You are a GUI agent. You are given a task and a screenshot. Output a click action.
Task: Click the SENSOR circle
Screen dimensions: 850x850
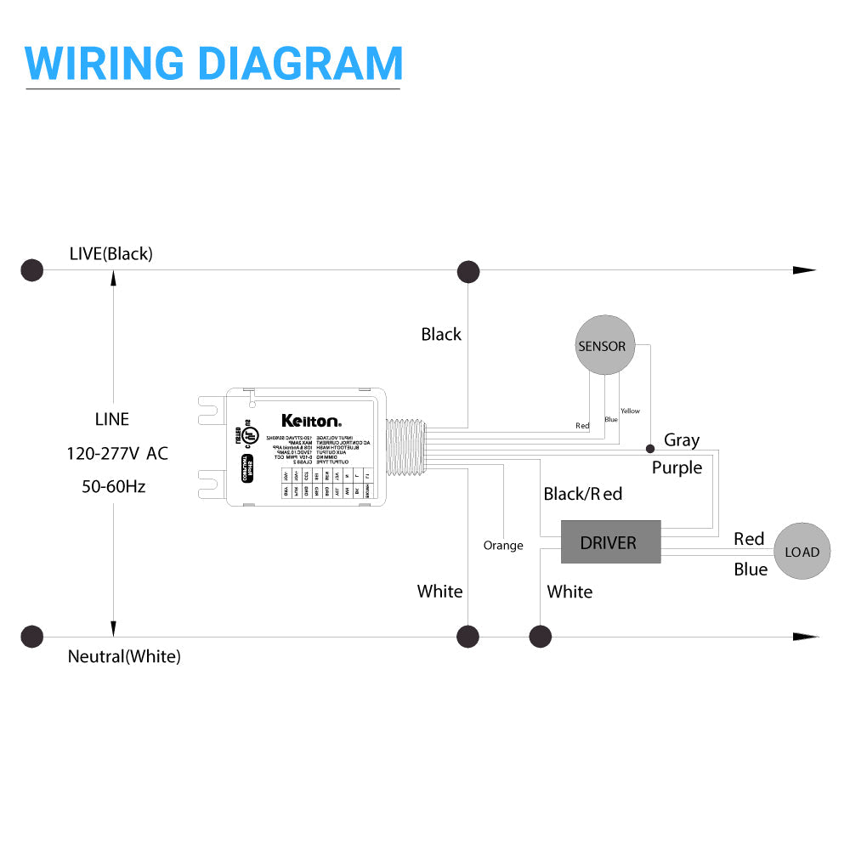(x=604, y=346)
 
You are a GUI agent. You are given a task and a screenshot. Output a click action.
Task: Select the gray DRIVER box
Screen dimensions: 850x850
(x=610, y=542)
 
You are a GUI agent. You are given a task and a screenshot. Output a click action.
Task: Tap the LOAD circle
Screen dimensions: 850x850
(x=802, y=552)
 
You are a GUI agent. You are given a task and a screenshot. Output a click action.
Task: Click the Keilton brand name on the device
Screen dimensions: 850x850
(x=311, y=420)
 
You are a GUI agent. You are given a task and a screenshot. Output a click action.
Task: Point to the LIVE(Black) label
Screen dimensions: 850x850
(x=111, y=254)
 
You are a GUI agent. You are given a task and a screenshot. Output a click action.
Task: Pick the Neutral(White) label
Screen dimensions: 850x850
(x=124, y=656)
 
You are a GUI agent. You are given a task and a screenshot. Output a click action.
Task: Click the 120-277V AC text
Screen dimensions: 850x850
(x=117, y=453)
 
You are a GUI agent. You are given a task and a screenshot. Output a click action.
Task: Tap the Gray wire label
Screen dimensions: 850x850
(x=682, y=439)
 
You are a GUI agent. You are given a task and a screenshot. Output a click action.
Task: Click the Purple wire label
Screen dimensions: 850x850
(x=677, y=467)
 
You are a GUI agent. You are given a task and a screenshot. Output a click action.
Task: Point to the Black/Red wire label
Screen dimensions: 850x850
(x=583, y=494)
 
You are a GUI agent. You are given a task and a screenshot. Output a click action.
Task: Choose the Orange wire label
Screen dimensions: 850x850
(x=503, y=545)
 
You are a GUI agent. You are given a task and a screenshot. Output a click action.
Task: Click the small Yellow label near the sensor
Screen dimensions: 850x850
(x=630, y=411)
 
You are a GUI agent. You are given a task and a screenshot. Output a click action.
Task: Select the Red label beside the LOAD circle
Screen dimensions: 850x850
(x=749, y=539)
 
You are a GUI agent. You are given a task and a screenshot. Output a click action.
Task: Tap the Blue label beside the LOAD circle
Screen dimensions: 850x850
(x=751, y=569)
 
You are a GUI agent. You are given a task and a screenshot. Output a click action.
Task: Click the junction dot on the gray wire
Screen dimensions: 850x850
(x=650, y=447)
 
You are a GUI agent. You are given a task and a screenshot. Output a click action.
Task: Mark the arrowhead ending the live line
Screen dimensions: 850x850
(x=804, y=270)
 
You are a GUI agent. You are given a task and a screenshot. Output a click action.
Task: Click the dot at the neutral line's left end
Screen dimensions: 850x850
(x=32, y=637)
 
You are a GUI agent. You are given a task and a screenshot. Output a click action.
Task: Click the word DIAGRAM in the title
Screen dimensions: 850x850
(x=298, y=63)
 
